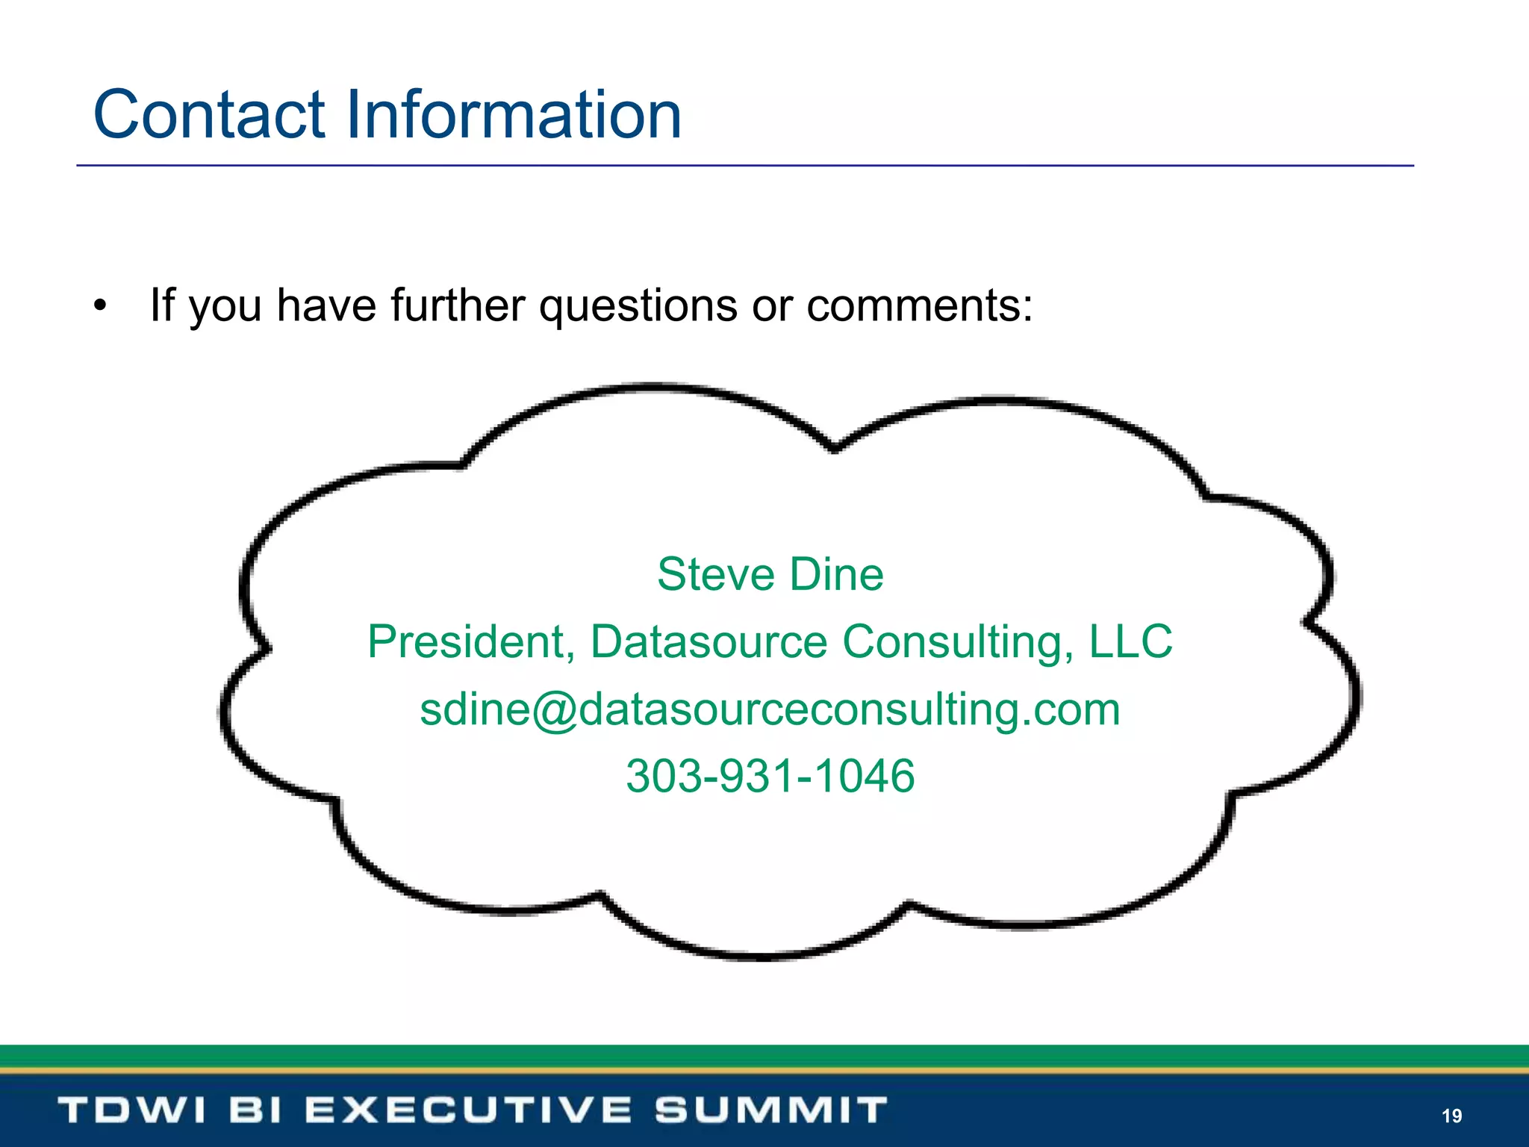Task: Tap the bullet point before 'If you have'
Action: (101, 305)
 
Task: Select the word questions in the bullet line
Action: (638, 305)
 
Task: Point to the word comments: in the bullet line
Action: (920, 305)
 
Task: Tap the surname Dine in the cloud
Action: (837, 574)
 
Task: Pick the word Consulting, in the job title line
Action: (958, 641)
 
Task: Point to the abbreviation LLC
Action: (1130, 641)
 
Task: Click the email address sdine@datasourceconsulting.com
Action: (770, 709)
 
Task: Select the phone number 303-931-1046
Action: (770, 776)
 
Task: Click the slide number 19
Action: (1451, 1116)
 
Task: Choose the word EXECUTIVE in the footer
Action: (468, 1110)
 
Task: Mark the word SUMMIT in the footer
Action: (771, 1110)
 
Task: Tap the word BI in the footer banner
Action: (255, 1110)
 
